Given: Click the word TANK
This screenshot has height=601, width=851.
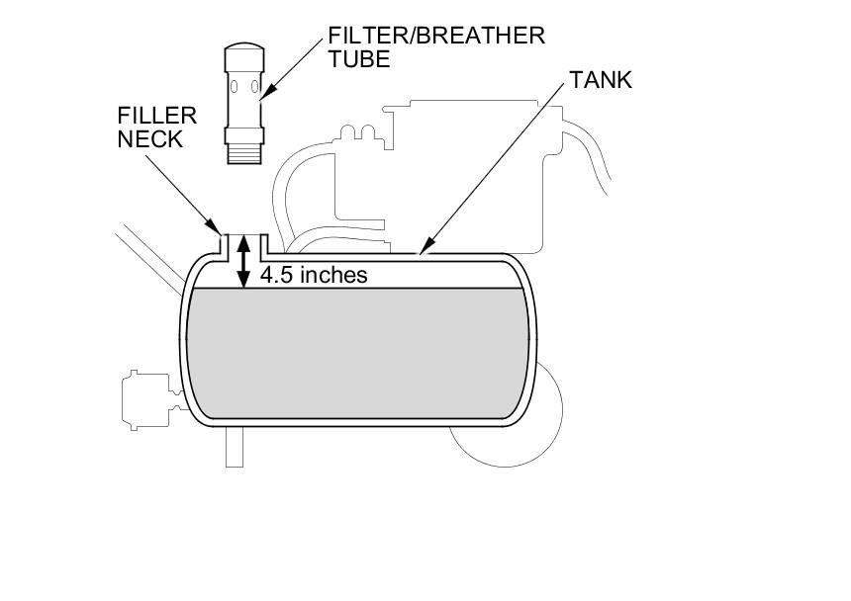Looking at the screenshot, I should [x=600, y=80].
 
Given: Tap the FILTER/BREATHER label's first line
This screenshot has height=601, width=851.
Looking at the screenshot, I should [x=436, y=36].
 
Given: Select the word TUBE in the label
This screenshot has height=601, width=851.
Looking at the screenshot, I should [x=358, y=59].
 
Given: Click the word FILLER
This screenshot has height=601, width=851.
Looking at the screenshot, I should [x=156, y=115].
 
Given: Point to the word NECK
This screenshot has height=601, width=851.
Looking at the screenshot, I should [x=149, y=139].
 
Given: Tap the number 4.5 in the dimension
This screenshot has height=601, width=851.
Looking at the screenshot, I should [x=277, y=275].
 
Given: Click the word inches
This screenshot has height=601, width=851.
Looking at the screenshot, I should [x=332, y=275].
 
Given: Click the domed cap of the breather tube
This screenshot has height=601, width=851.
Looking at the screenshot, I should [x=242, y=51].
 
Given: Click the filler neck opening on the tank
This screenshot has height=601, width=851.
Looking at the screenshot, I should [x=243, y=238].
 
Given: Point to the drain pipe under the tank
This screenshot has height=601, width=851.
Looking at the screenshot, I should [x=235, y=447].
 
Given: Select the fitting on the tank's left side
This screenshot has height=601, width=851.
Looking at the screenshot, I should [x=144, y=399].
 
